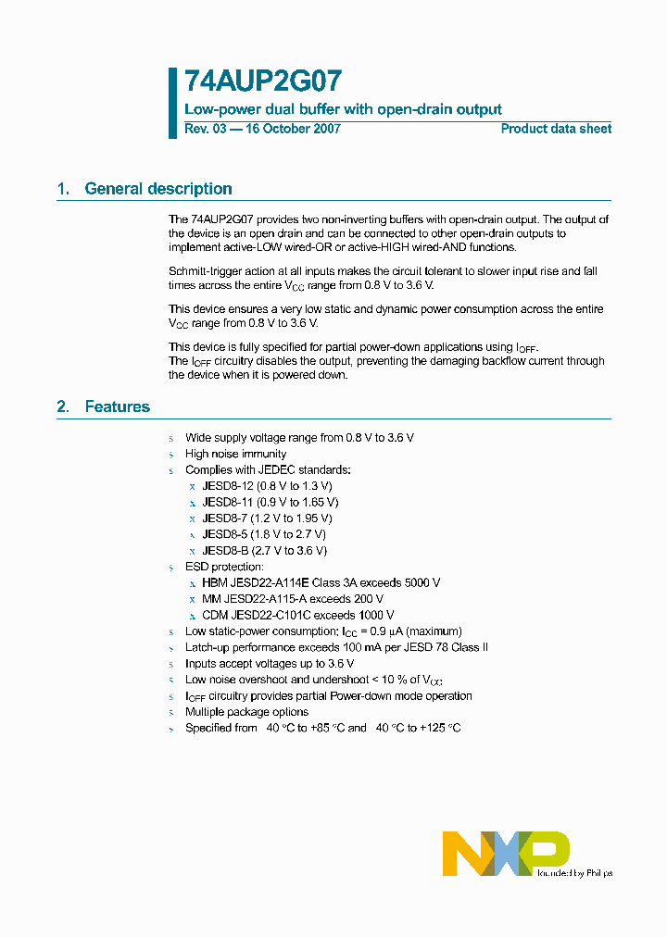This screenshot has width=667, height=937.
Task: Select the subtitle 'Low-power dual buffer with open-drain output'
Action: [343, 109]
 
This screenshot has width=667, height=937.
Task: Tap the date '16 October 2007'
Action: [292, 129]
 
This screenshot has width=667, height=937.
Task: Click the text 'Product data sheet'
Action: [556, 129]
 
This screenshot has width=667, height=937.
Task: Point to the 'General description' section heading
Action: [157, 189]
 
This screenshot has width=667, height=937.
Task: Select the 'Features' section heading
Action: [117, 406]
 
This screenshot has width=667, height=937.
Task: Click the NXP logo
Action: [505, 853]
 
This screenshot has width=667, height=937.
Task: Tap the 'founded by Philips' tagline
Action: [574, 872]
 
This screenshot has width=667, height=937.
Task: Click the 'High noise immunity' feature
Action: [235, 454]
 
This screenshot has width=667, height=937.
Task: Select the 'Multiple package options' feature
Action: [246, 712]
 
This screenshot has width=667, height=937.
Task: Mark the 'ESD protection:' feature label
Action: [224, 567]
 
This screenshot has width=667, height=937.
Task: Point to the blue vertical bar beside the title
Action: [172, 103]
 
